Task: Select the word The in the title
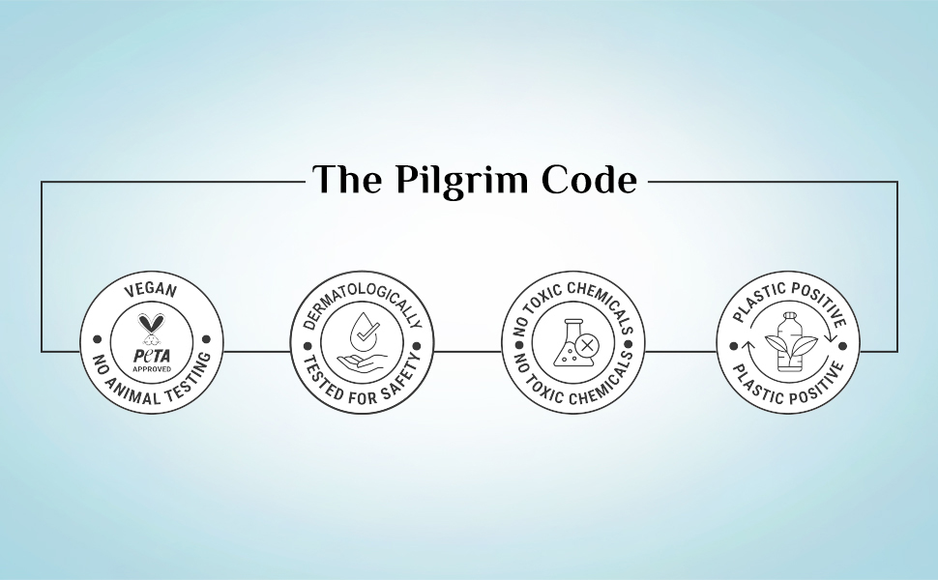347,180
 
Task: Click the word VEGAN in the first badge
151,290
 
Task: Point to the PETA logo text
151,356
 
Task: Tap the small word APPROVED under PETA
151,368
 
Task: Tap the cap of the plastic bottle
789,313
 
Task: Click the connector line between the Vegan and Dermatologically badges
256,350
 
